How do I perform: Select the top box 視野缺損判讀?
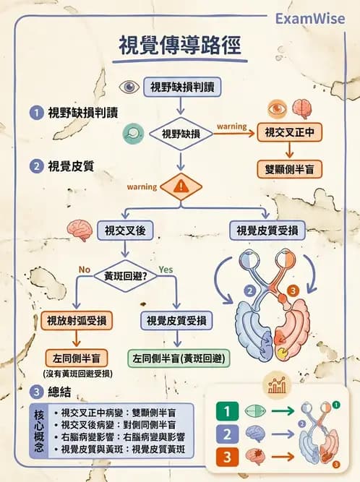pos(181,87)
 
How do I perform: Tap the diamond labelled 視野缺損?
pos(181,134)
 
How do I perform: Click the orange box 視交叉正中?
pos(289,133)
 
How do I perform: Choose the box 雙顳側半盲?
pos(289,170)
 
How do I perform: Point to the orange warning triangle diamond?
pos(180,186)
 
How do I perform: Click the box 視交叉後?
pos(127,231)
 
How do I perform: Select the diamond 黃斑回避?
pos(127,276)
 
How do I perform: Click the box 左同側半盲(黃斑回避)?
pos(175,358)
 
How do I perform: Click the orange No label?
pos(84,270)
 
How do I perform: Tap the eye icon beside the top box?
pos(129,87)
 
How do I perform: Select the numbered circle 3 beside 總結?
pos(36,392)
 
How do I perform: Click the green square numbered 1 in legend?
pos(226,412)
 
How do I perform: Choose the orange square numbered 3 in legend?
pos(226,456)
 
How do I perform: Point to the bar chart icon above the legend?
pos(276,384)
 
